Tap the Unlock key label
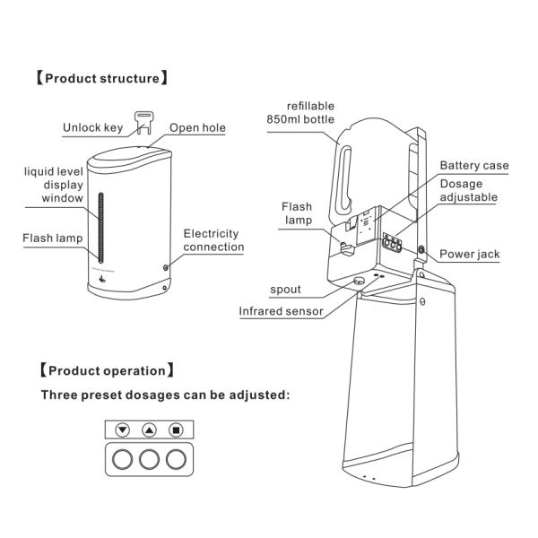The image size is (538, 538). [x=92, y=127]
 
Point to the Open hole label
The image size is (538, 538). [x=197, y=127]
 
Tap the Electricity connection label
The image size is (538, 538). [x=213, y=240]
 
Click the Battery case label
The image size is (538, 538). [x=473, y=166]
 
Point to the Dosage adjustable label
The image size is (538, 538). [x=467, y=190]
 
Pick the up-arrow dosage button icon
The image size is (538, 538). [x=150, y=430]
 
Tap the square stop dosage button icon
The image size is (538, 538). [x=177, y=430]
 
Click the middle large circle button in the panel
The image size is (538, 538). [x=150, y=462]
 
